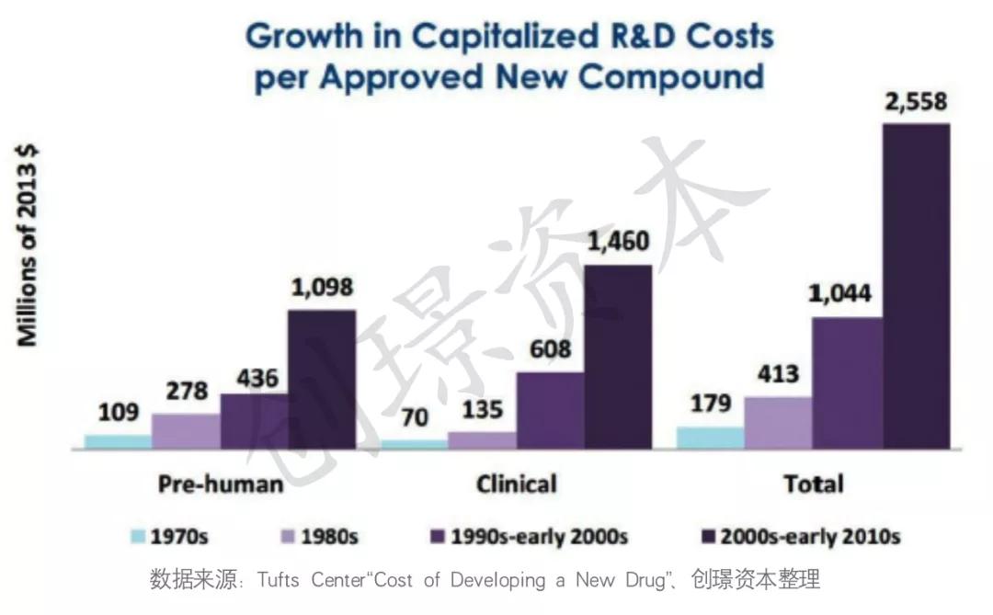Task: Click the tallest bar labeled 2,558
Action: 916,287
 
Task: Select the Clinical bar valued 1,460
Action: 618,358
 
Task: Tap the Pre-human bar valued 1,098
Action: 322,380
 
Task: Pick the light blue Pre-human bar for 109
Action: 118,442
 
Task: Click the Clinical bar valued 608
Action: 550,411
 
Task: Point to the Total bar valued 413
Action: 778,424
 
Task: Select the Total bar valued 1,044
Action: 847,384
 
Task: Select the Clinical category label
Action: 517,484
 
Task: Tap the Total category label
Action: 814,484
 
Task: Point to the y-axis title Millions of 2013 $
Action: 29,245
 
